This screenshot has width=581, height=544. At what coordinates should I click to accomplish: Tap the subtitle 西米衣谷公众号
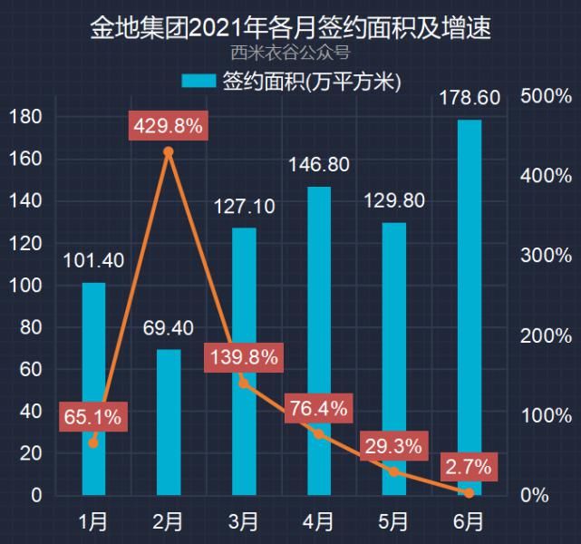[x=290, y=52]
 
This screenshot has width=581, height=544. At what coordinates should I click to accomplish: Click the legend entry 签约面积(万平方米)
[x=290, y=82]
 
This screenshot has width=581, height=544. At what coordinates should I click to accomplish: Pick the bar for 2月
[x=169, y=423]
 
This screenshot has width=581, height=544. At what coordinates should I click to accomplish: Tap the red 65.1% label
[x=92, y=418]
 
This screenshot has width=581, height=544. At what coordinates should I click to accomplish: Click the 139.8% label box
[x=243, y=357]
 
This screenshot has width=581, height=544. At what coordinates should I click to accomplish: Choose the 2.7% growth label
[x=469, y=468]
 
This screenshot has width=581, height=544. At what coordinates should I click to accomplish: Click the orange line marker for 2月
[x=168, y=152]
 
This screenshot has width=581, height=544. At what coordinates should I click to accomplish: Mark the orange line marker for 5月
[x=393, y=471]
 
